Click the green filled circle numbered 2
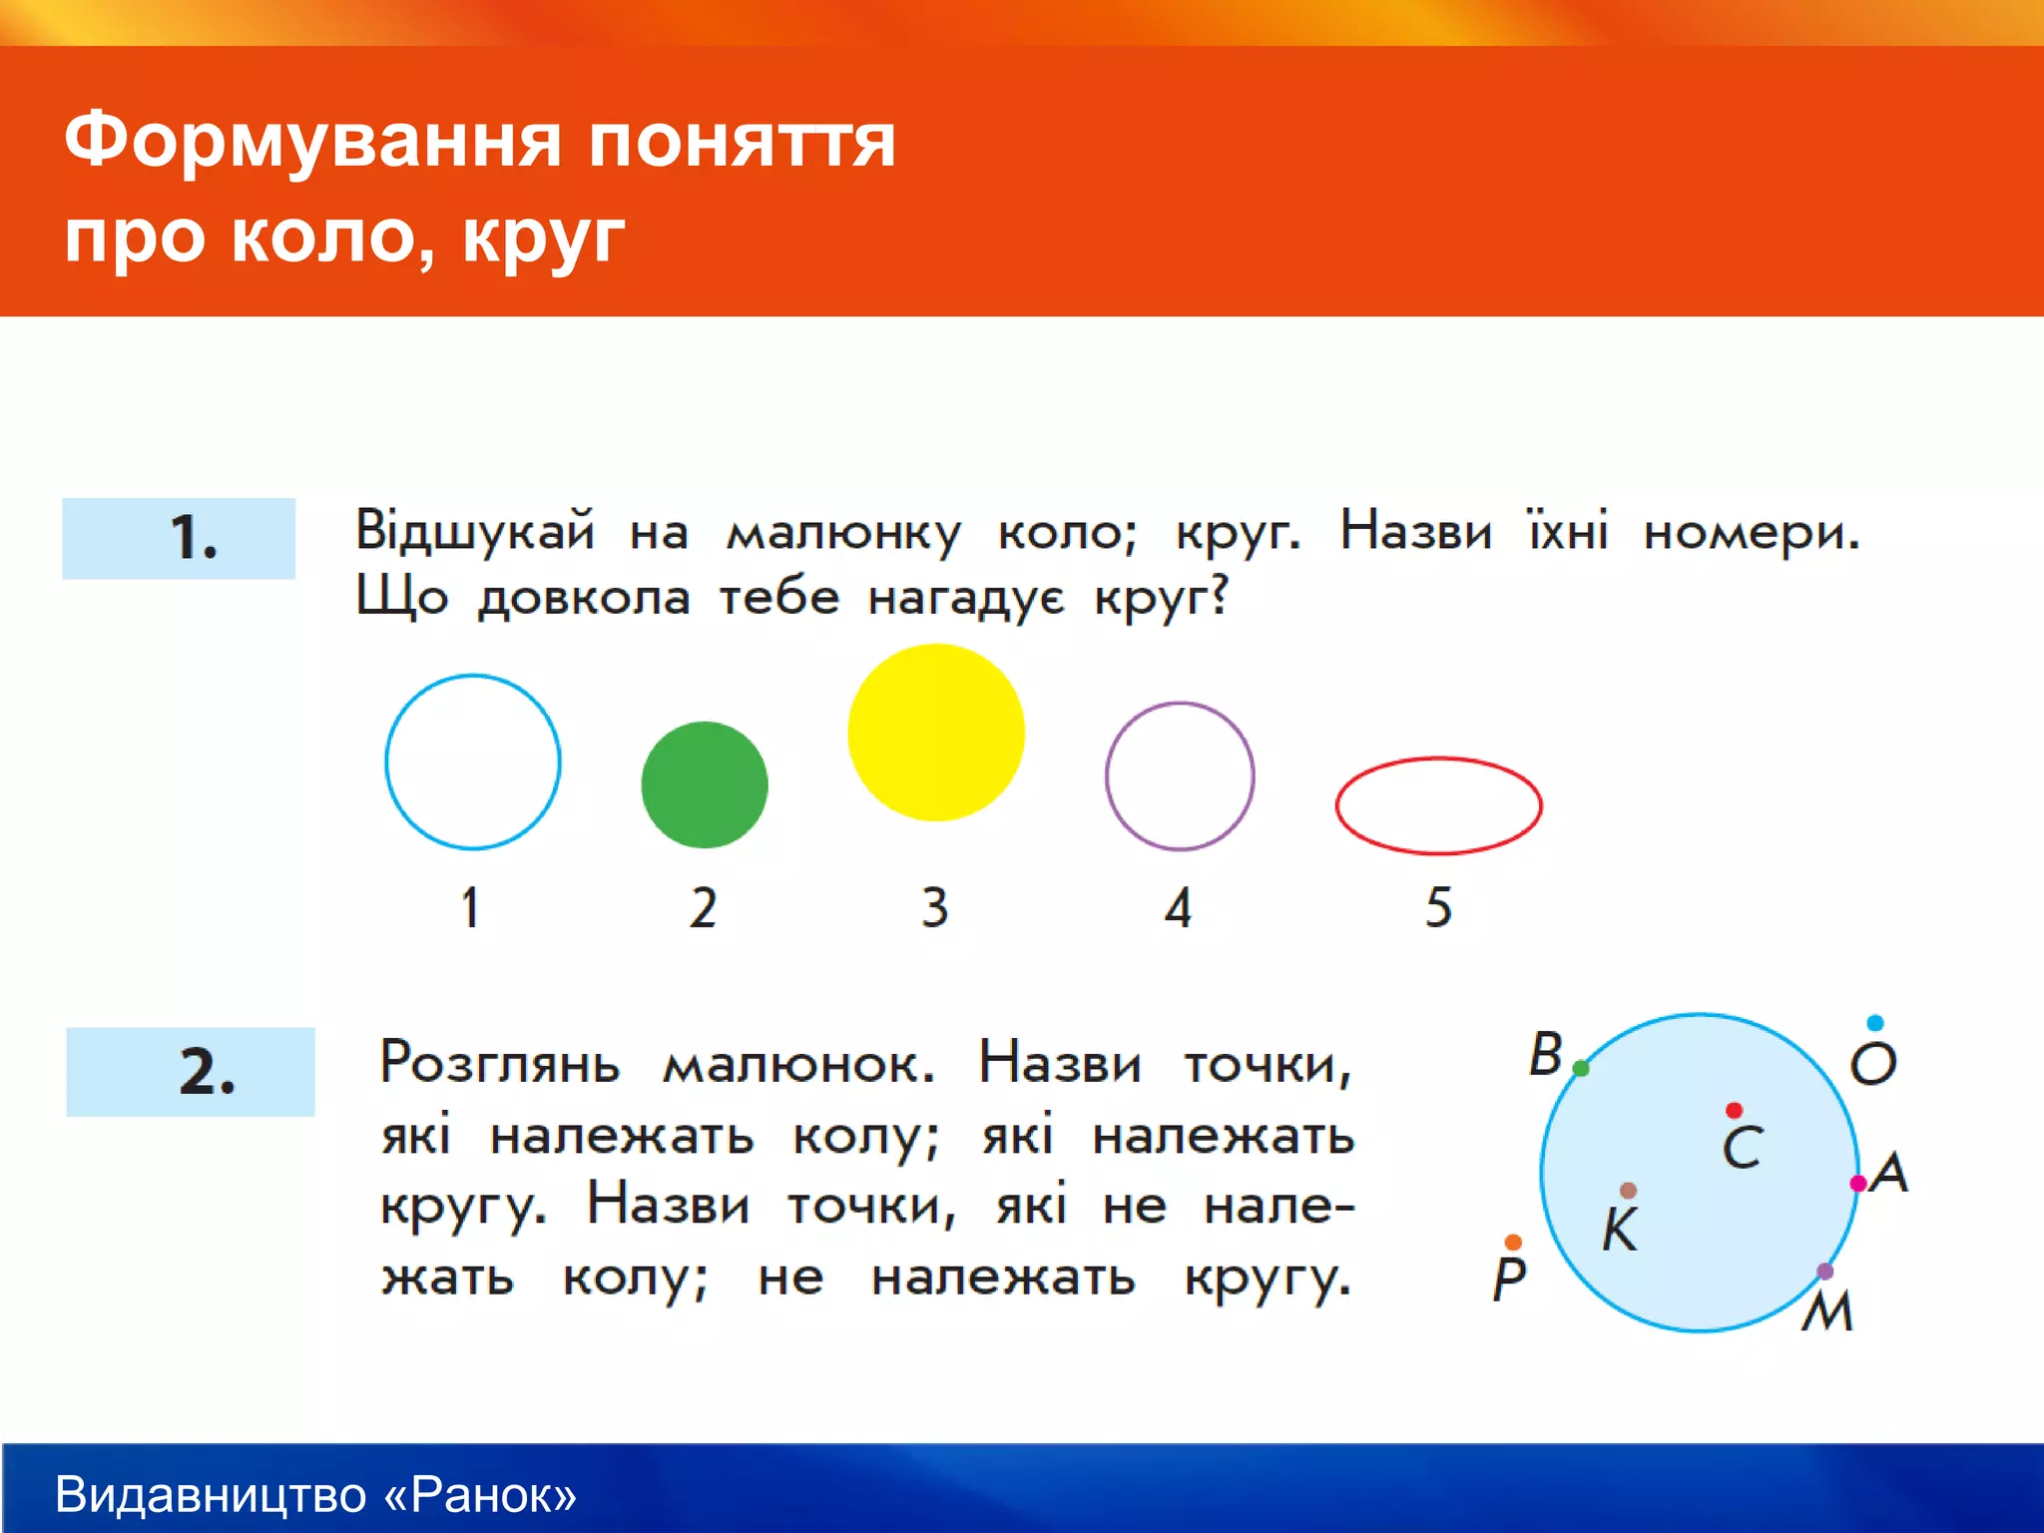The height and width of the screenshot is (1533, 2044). point(705,784)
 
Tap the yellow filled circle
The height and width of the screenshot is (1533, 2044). point(936,732)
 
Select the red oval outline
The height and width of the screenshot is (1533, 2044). point(1438,759)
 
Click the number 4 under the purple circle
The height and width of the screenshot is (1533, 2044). point(1178,907)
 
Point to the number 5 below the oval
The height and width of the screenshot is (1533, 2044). point(1438,907)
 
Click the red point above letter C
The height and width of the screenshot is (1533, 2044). point(1734,1111)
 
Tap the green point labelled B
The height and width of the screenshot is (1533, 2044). point(1581,1068)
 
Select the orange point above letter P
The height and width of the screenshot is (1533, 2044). point(1513,1242)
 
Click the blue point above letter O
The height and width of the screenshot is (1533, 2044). point(1874,1023)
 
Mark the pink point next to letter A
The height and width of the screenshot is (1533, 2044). point(1857,1184)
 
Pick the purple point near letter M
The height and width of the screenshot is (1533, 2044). point(1824,1271)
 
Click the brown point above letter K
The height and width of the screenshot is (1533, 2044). point(1629,1190)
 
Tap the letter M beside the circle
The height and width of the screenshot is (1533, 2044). point(1827,1311)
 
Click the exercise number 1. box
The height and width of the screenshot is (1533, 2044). point(179,538)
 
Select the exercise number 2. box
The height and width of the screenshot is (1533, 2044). point(191,1071)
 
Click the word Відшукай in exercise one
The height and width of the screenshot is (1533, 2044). point(475,531)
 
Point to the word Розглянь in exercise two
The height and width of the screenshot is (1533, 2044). point(499,1063)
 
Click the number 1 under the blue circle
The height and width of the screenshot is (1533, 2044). point(470,907)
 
